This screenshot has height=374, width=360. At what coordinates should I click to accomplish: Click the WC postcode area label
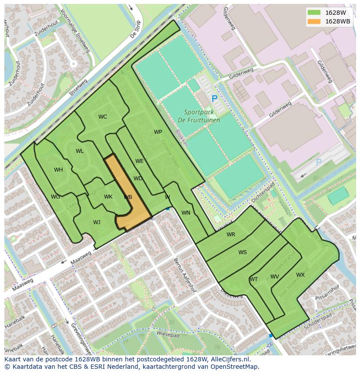[x=103, y=117]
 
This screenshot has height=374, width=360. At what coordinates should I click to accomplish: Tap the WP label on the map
[x=158, y=132]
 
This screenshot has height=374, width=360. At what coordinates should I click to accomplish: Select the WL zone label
[x=80, y=151]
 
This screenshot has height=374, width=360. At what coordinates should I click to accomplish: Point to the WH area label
[x=58, y=170]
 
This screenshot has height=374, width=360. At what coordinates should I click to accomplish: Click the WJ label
[x=97, y=222]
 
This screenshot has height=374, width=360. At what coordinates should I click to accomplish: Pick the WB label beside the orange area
[x=128, y=197]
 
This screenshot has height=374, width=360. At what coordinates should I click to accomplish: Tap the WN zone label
[x=186, y=213]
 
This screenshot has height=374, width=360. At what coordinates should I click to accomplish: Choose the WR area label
[x=231, y=235]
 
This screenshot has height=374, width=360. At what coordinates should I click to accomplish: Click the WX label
[x=300, y=275]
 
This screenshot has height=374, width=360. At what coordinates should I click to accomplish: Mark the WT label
[x=254, y=279]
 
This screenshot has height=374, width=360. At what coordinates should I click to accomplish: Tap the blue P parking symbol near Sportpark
[x=214, y=99]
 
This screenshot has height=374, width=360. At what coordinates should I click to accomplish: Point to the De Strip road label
[x=137, y=29]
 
